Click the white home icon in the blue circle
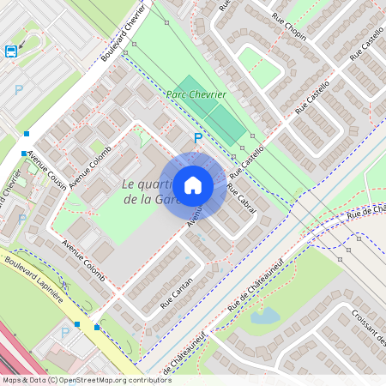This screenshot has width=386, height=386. [193, 184]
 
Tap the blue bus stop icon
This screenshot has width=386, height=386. [10, 51]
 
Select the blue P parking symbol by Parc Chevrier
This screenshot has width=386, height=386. [198, 138]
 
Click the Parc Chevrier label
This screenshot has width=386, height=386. [196, 94]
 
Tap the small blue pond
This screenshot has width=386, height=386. [264, 316]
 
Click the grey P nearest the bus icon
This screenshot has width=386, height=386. [18, 88]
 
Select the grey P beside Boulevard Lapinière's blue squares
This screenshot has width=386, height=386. [64, 332]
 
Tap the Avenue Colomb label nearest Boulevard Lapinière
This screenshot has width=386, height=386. [83, 262]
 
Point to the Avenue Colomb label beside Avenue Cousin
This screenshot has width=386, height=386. [90, 163]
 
